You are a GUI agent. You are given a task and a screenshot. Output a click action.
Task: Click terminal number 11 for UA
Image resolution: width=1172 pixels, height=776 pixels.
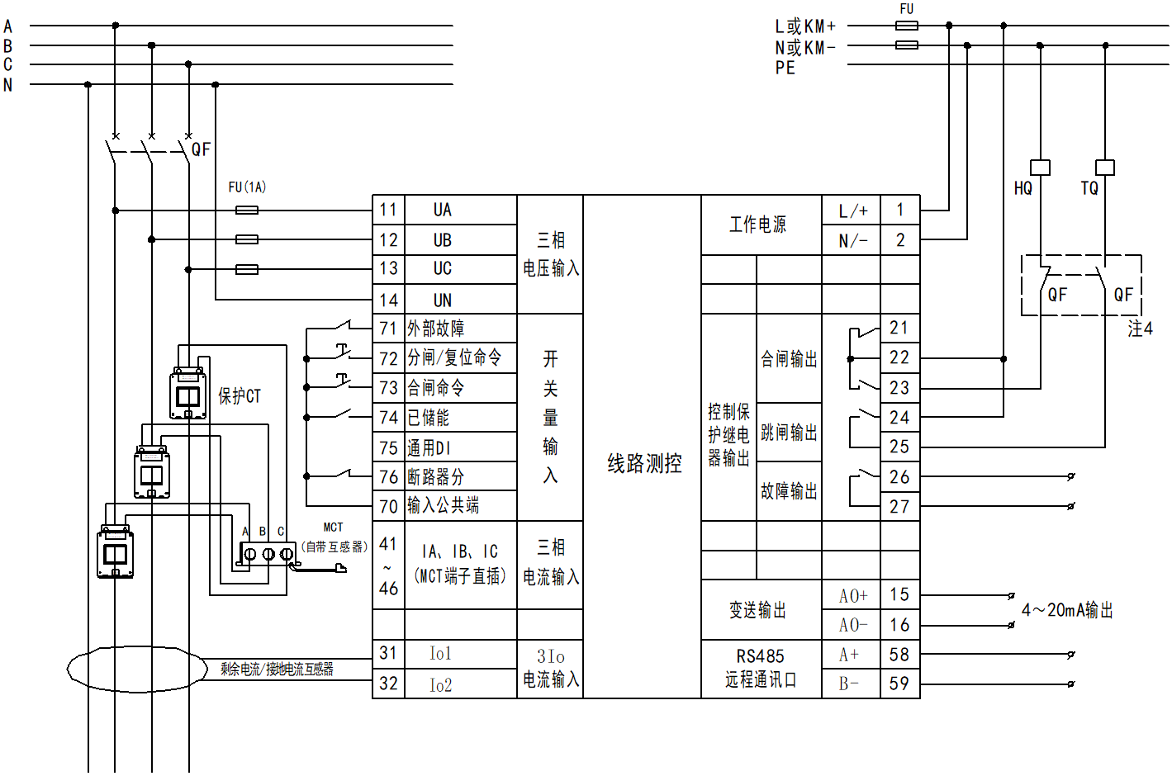click(388, 210)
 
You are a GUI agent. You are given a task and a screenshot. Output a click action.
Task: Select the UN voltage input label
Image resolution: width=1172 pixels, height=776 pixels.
click(443, 300)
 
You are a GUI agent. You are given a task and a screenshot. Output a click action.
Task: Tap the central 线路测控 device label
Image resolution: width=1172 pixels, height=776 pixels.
click(644, 463)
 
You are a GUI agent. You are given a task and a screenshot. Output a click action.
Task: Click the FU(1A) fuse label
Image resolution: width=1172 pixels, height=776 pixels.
click(247, 187)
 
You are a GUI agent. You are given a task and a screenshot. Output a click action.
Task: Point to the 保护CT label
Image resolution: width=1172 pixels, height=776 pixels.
click(240, 396)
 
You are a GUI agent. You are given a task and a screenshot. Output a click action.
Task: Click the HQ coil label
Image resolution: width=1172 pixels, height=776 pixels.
click(1023, 188)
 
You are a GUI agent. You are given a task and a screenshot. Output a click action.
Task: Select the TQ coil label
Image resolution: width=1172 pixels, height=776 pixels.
click(1089, 188)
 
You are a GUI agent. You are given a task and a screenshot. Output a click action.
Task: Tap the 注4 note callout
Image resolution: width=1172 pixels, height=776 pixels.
click(1140, 329)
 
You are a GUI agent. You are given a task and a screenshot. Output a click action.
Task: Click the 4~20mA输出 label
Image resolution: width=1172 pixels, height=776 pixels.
click(1067, 610)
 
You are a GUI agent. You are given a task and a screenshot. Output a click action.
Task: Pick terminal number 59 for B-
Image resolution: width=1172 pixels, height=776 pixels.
click(899, 684)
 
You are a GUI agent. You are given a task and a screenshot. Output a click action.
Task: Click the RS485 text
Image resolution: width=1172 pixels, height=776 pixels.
click(760, 656)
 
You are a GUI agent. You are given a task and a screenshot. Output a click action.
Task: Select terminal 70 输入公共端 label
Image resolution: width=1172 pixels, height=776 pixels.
click(443, 505)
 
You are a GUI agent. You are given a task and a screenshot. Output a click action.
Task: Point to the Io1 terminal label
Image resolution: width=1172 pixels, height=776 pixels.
click(440, 654)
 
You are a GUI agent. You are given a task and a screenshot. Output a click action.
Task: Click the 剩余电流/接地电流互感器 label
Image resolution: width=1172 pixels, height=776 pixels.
click(277, 669)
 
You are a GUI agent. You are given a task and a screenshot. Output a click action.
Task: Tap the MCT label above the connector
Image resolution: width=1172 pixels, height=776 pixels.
click(333, 528)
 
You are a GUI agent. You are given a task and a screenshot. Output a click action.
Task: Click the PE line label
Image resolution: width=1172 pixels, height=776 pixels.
click(785, 68)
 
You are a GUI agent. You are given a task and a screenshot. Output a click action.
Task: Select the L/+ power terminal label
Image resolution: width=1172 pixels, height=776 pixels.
click(853, 211)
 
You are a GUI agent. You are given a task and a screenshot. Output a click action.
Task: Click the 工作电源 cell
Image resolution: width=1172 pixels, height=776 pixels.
click(757, 225)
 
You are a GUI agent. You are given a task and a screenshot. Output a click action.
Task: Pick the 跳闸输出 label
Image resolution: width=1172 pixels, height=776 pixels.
click(789, 433)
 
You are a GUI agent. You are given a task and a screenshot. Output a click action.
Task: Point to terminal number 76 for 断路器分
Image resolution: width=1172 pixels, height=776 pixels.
click(388, 476)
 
